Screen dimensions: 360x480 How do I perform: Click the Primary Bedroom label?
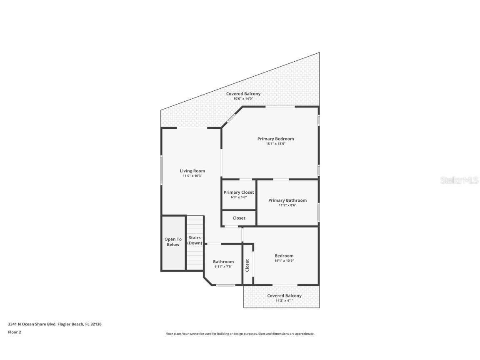[275, 139]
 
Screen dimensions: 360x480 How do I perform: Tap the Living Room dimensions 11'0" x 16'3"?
[192, 176]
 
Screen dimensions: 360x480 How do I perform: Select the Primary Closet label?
[239, 192]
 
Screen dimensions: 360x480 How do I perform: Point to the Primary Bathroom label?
[287, 200]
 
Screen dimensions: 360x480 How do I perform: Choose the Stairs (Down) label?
[194, 240]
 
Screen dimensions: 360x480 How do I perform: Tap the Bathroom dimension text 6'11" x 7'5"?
[223, 267]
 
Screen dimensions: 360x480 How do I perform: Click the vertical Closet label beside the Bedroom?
[247, 265]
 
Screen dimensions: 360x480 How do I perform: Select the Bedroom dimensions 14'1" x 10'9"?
[284, 261]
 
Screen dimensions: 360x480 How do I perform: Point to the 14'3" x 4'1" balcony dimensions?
[284, 300]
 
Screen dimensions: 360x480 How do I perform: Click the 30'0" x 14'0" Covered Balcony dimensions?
[243, 99]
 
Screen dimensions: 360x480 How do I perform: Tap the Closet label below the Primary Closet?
[239, 218]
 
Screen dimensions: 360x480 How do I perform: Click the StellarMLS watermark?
[459, 180]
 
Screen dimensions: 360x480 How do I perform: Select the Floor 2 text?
[15, 332]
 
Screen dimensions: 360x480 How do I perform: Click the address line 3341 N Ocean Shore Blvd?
[55, 324]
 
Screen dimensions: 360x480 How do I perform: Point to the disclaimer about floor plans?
[240, 334]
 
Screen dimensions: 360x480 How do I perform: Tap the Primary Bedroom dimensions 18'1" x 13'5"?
[275, 144]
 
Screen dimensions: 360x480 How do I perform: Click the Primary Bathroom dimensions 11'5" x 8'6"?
[287, 205]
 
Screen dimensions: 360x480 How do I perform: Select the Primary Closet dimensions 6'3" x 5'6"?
[239, 197]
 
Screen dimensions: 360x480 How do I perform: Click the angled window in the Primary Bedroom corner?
[231, 118]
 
